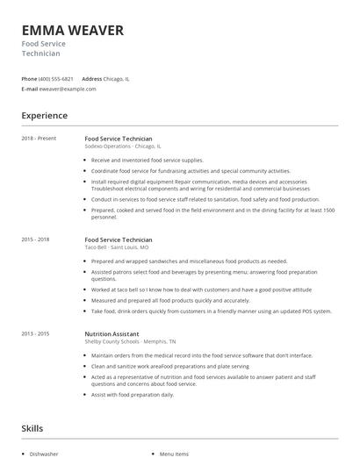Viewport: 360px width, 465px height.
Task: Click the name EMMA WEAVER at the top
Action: point(72,31)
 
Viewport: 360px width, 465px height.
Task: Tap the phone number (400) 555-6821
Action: point(55,78)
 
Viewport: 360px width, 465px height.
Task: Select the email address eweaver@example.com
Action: point(68,89)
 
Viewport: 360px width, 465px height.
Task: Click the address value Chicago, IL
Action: point(117,78)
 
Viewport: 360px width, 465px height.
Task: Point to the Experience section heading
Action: point(44,116)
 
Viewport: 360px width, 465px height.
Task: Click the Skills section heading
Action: point(32,428)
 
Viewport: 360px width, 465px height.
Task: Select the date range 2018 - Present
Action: point(39,139)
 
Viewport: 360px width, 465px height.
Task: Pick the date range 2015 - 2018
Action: point(35,240)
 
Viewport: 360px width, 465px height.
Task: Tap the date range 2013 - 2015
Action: point(35,333)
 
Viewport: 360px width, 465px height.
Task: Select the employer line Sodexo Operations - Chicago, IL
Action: point(122,147)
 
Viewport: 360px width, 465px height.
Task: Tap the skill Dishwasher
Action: point(44,454)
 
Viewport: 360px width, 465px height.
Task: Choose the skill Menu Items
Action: point(174,454)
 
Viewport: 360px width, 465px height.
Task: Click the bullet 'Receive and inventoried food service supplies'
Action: point(147,161)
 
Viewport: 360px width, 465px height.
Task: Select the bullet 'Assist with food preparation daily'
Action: point(132,395)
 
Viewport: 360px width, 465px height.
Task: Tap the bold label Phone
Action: point(29,78)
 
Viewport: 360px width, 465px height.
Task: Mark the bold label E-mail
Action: point(30,89)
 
